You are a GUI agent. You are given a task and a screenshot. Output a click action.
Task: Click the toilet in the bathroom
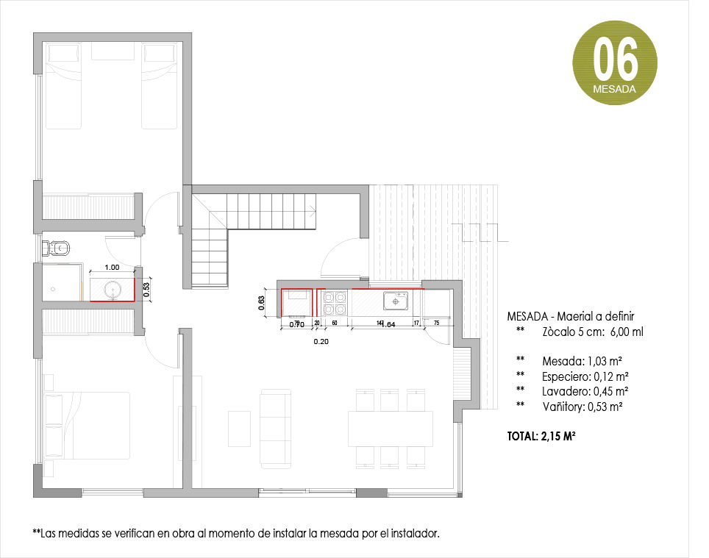coord(59,247)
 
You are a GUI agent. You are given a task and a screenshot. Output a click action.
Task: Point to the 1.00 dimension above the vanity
coord(113,268)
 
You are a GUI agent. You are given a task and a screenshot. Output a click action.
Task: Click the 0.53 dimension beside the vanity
coord(146,290)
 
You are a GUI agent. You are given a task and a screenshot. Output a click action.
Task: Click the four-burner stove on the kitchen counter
coord(335,299)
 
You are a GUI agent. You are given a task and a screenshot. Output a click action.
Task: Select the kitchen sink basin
coord(396,301)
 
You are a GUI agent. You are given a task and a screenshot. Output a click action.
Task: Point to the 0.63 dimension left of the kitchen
coord(261,304)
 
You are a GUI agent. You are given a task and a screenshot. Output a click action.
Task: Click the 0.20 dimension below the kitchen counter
coord(321,342)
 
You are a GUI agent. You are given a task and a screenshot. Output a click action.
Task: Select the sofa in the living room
coord(275,429)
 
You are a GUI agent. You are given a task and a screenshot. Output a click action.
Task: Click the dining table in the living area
coord(391,429)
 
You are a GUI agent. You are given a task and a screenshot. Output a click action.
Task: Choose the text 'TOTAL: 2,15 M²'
coord(541,437)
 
